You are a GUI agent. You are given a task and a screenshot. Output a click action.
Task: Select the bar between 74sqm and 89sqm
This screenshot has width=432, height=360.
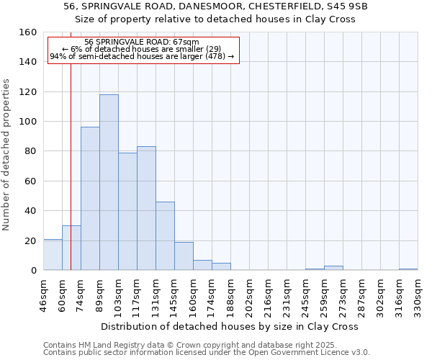[90, 199]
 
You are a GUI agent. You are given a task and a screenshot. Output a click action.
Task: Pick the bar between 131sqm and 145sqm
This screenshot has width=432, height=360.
[165, 236]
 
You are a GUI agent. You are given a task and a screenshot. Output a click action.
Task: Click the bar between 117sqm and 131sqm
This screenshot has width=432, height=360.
[146, 209]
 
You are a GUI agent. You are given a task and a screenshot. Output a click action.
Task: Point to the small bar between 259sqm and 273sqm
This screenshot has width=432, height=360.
[333, 268]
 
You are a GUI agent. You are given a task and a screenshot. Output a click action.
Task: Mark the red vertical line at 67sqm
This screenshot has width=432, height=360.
[71, 166]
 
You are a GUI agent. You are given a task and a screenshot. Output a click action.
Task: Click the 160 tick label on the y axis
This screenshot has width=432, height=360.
[28, 32]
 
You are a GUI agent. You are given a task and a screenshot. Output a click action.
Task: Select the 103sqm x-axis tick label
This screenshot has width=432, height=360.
[118, 293]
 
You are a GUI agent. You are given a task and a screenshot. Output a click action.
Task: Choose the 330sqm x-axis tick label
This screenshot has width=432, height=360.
[418, 293]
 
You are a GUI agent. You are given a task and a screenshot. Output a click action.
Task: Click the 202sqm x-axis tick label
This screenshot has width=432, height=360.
[249, 293]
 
